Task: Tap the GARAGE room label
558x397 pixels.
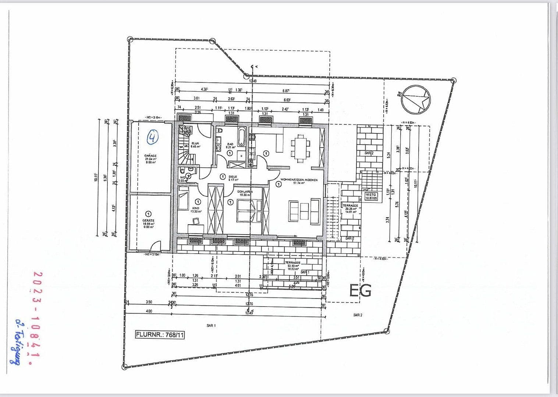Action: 150,156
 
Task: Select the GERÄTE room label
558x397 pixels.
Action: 149,221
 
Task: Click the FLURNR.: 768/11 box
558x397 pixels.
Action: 160,335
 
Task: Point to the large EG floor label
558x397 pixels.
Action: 360,290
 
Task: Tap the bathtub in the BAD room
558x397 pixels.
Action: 242,137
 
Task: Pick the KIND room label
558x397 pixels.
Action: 195,208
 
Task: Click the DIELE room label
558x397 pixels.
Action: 232,176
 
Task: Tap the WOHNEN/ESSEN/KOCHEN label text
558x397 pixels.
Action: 299,180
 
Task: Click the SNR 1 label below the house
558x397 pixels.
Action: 211,326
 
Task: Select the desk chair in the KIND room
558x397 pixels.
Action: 195,221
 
